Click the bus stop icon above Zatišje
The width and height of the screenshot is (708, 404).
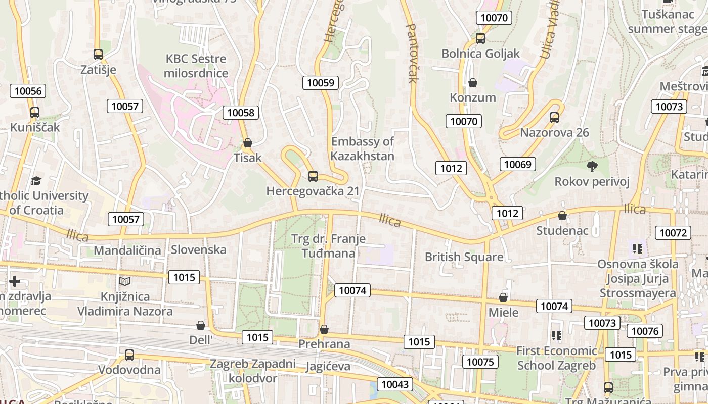pos(98,54)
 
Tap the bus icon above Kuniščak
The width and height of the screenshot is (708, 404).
pos(34,112)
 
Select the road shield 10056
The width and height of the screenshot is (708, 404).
pos(28,91)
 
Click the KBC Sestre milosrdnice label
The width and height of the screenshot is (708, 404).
pos(196,66)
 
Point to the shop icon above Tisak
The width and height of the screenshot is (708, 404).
pos(248,143)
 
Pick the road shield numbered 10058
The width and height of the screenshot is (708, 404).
pos(241,113)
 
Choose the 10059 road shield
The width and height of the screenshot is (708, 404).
pos(321,83)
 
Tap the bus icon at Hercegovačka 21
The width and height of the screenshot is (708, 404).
pos(313,176)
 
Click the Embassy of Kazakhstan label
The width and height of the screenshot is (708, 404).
pos(362,148)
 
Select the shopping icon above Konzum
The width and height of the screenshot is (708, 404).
pos(473,82)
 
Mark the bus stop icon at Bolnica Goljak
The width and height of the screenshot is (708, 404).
pos(480,38)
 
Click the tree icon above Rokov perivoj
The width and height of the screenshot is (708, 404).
pos(592,166)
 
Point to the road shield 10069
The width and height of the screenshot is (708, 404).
pos(518,164)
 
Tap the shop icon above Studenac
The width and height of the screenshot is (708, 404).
pos(562,216)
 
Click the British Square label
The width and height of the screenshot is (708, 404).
pos(464,257)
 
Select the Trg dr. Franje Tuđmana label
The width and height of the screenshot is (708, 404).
pos(328,245)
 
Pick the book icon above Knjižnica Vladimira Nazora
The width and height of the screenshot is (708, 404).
pos(125,281)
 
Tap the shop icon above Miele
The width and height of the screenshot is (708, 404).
pos(503,297)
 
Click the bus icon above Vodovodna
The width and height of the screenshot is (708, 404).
pos(129,355)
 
